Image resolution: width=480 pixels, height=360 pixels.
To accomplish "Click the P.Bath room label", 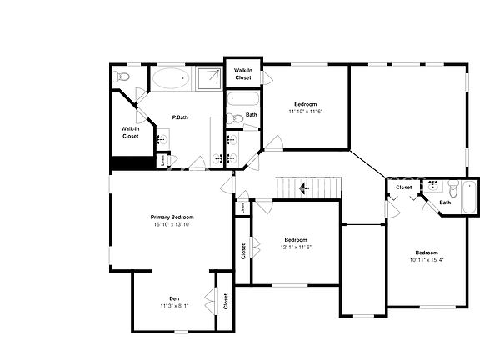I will pos(179,117).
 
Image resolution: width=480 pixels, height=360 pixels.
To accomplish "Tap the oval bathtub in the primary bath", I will pos(171,80).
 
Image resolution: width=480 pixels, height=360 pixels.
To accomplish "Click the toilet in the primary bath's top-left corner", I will pos(122,77).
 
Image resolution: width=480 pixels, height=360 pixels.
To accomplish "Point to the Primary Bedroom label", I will pos(172,217).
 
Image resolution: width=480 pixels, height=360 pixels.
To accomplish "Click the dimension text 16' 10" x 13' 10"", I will pos(172,224).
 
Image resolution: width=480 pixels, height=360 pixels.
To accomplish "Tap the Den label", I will pos(174,298).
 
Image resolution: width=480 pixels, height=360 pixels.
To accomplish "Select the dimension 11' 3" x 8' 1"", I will pos(174,306).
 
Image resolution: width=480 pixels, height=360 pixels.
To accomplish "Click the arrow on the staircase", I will pos(304,188).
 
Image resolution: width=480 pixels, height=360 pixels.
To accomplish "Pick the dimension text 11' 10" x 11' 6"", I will pos(305,111).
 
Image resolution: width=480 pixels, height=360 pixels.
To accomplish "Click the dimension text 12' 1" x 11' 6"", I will pos(296,246).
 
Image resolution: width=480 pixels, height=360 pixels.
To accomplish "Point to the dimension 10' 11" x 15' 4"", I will pos(427,259).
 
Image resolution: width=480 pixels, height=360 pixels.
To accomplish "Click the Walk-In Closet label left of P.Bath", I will pos(130,132).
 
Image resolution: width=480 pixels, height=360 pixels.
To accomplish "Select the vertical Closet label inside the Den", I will pos(226,301).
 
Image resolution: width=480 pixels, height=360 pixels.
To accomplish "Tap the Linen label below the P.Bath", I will pos(162,160).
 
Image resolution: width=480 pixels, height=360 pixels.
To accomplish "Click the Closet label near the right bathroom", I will pos(404,187).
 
